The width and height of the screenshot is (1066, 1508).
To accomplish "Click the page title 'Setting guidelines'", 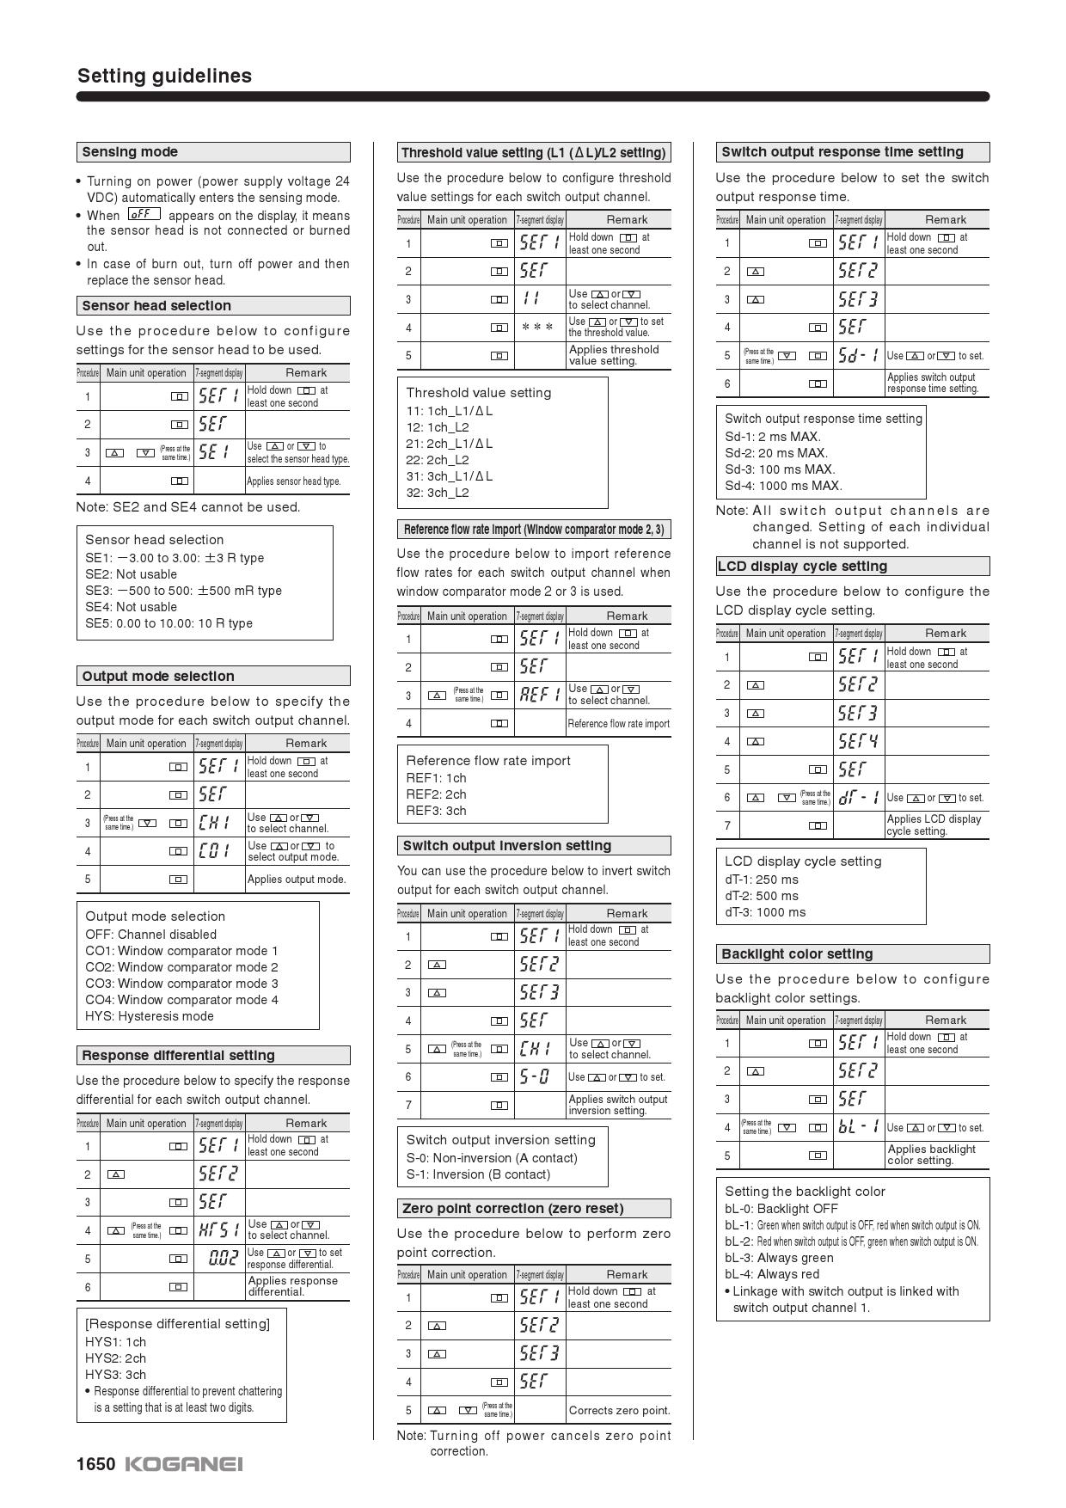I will pyautogui.click(x=164, y=76).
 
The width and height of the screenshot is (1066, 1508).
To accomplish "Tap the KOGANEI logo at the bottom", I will pyautogui.click(x=184, y=1464).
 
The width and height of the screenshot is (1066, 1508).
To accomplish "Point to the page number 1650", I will pyautogui.click(x=95, y=1464).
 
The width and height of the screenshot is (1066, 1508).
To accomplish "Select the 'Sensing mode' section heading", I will pyautogui.click(x=130, y=152).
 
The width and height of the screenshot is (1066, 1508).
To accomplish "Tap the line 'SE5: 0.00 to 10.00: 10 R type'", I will pyautogui.click(x=168, y=623).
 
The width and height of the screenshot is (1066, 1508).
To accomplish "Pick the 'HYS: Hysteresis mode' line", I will pyautogui.click(x=150, y=1016).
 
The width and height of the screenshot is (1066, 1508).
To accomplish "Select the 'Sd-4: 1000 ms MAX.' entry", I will pyautogui.click(x=783, y=486).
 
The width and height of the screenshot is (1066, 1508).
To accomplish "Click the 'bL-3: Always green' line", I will pyautogui.click(x=779, y=1258).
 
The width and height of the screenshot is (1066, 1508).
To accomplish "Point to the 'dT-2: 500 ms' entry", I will pyautogui.click(x=761, y=896).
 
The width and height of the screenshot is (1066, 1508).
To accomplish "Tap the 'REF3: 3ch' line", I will pyautogui.click(x=436, y=811).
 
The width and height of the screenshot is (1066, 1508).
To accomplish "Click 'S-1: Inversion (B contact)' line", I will pyautogui.click(x=478, y=1174).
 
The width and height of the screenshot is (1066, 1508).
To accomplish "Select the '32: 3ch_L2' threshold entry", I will pyautogui.click(x=438, y=493).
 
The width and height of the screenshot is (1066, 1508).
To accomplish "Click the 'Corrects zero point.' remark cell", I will pyautogui.click(x=619, y=1411).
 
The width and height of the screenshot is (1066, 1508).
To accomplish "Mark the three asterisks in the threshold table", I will pyautogui.click(x=537, y=328).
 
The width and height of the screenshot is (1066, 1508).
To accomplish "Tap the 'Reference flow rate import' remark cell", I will pyautogui.click(x=619, y=724).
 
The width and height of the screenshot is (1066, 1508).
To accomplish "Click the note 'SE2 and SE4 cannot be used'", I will pyautogui.click(x=188, y=507).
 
